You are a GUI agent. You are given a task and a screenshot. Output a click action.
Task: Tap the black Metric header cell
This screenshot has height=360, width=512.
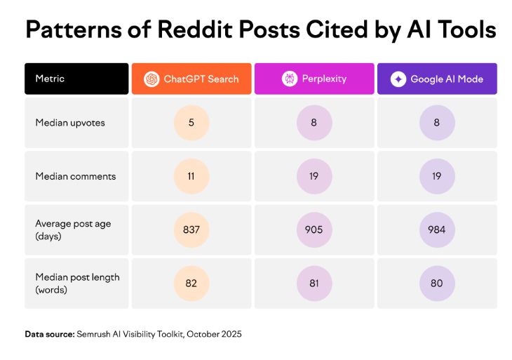[76, 79]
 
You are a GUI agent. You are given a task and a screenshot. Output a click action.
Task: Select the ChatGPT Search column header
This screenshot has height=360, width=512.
[191, 79]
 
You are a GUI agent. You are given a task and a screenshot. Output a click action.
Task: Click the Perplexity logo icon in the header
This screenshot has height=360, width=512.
[290, 79]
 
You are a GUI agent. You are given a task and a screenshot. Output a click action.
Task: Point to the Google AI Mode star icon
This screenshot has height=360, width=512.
[398, 79]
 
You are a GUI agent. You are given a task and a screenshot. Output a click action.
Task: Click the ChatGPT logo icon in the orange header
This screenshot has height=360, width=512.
[151, 79]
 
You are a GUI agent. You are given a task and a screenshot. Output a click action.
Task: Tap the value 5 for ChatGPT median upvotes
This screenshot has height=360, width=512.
[191, 122]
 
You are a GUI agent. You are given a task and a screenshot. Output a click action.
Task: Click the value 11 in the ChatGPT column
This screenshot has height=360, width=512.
[191, 175]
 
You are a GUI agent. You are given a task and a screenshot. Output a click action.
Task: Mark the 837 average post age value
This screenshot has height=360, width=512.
[191, 229]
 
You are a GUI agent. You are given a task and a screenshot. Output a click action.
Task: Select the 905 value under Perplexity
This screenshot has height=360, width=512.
[314, 229]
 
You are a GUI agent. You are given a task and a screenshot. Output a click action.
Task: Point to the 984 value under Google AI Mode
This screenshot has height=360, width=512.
[437, 229]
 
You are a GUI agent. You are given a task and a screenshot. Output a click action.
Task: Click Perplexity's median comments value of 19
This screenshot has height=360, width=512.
[314, 175]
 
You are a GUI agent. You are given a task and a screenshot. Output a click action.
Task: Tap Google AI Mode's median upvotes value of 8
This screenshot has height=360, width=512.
[437, 122]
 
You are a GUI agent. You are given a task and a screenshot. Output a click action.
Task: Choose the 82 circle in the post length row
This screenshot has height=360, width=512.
[191, 284]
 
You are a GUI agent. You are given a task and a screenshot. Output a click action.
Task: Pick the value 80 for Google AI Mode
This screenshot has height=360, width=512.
[437, 284]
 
